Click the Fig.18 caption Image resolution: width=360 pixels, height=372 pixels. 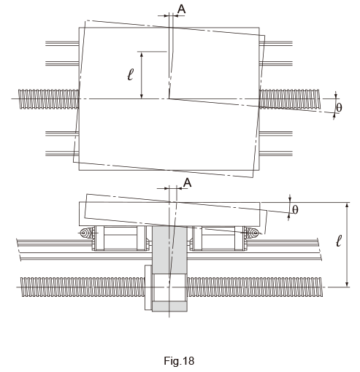[x=179, y=360]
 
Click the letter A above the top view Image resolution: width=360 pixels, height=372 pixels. [x=182, y=9]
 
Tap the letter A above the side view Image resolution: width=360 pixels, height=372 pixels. [x=187, y=182]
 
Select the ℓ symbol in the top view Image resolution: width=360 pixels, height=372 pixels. [x=131, y=74]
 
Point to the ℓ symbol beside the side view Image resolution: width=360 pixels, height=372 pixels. [x=339, y=241]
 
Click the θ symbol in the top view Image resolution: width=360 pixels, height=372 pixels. [x=339, y=107]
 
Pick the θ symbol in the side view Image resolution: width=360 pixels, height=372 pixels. [x=295, y=210]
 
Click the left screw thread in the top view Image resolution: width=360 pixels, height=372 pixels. [x=49, y=99]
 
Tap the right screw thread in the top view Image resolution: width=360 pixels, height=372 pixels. [x=290, y=99]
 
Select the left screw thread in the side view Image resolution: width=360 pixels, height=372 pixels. [x=83, y=287]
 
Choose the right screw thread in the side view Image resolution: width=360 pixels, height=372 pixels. [x=255, y=287]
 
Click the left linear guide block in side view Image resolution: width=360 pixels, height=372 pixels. [x=120, y=239]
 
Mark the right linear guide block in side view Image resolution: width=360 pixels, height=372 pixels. [x=218, y=239]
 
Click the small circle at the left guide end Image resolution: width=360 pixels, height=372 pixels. [x=84, y=233]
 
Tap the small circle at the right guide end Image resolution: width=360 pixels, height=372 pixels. [x=255, y=233]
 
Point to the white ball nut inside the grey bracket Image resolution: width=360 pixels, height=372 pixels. [x=169, y=287]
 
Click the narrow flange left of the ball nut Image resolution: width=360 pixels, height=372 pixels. [x=148, y=287]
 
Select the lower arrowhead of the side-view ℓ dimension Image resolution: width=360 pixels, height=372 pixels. [x=348, y=284]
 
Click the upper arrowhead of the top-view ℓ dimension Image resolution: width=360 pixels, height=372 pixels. [x=142, y=55]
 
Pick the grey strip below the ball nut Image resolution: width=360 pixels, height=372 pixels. [x=169, y=306]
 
